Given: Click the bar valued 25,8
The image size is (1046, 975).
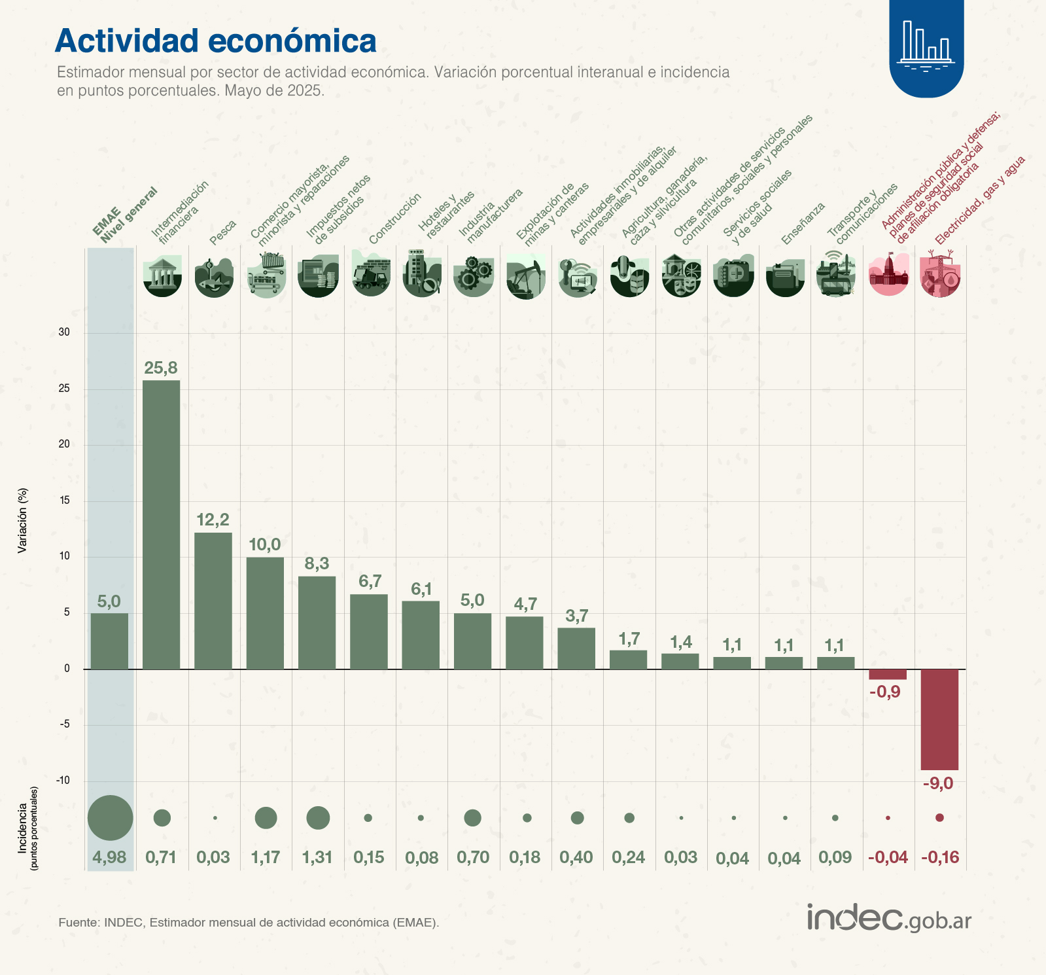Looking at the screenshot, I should point(162,524).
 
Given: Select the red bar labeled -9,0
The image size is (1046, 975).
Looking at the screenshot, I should point(939,719).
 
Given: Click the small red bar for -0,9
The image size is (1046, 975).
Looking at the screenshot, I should point(888,675).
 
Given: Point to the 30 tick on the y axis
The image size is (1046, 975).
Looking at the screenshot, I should point(64,332).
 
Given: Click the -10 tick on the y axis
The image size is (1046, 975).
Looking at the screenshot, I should point(63,781).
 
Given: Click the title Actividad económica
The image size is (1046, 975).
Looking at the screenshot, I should point(216,41).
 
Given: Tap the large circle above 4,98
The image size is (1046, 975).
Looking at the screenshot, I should point(111,817).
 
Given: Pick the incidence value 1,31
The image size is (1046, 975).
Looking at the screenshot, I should point(317,857).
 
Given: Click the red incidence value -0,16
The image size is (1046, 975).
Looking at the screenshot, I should point(939,857).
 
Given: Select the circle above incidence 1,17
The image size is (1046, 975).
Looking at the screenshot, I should point(266,817).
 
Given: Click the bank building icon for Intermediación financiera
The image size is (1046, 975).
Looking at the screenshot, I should point(162,275).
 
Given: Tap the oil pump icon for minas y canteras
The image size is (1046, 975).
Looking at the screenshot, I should point(526,277).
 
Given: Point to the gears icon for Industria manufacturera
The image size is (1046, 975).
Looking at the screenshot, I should point(473,275).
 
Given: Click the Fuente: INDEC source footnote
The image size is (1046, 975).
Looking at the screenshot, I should point(249,923).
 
